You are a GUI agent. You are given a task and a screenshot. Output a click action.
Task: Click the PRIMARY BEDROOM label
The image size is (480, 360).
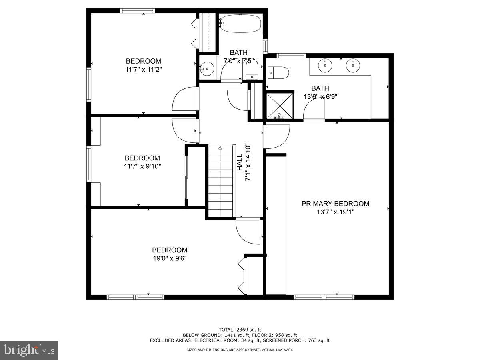[335, 204]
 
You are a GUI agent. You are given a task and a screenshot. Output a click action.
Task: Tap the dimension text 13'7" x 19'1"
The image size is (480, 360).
[335, 212]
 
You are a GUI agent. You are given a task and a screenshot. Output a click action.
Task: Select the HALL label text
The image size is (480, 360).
[239, 163]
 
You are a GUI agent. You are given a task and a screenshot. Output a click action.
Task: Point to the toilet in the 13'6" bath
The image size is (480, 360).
[278, 73]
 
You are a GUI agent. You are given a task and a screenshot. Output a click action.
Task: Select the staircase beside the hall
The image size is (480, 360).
[220, 182]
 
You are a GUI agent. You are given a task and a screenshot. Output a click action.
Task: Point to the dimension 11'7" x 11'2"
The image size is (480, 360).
[144, 69]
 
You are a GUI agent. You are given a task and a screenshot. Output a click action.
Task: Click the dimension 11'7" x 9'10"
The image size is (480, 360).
[142, 166]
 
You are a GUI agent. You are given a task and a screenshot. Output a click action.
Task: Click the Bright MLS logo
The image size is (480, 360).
[29, 350]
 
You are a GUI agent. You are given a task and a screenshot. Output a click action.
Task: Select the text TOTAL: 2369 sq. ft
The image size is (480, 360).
[240, 330]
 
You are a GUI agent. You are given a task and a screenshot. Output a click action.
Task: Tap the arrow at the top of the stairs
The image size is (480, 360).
[220, 148]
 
